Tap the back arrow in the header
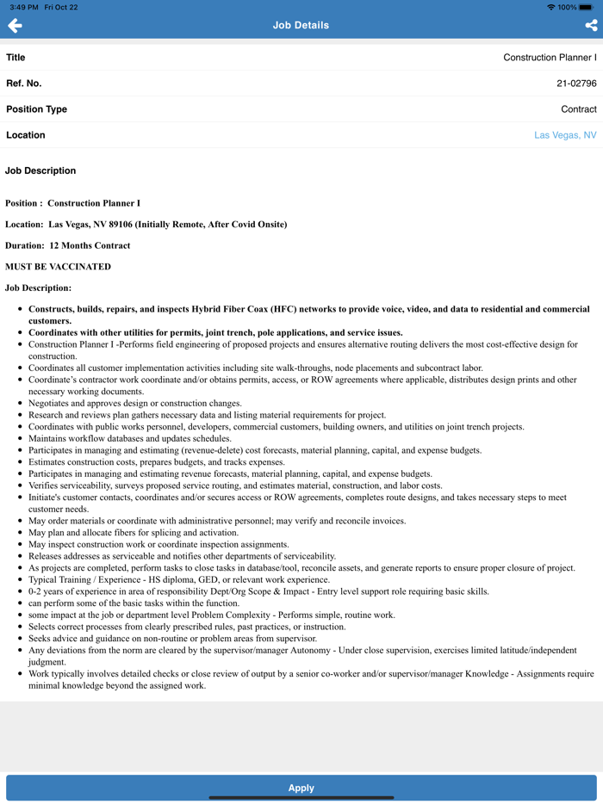click(15, 26)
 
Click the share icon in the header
click(591, 26)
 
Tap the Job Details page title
click(301, 26)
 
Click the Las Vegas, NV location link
click(565, 135)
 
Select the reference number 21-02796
click(576, 83)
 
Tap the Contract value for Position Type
click(578, 109)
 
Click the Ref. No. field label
click(23, 83)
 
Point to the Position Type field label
click(36, 109)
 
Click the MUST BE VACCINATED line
click(58, 267)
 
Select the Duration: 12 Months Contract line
click(67, 245)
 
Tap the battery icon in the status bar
click(586, 7)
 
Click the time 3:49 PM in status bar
click(23, 7)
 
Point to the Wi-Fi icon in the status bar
click(551, 7)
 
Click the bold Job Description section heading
click(40, 170)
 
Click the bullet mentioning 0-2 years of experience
click(258, 591)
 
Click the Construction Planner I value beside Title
click(550, 58)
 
